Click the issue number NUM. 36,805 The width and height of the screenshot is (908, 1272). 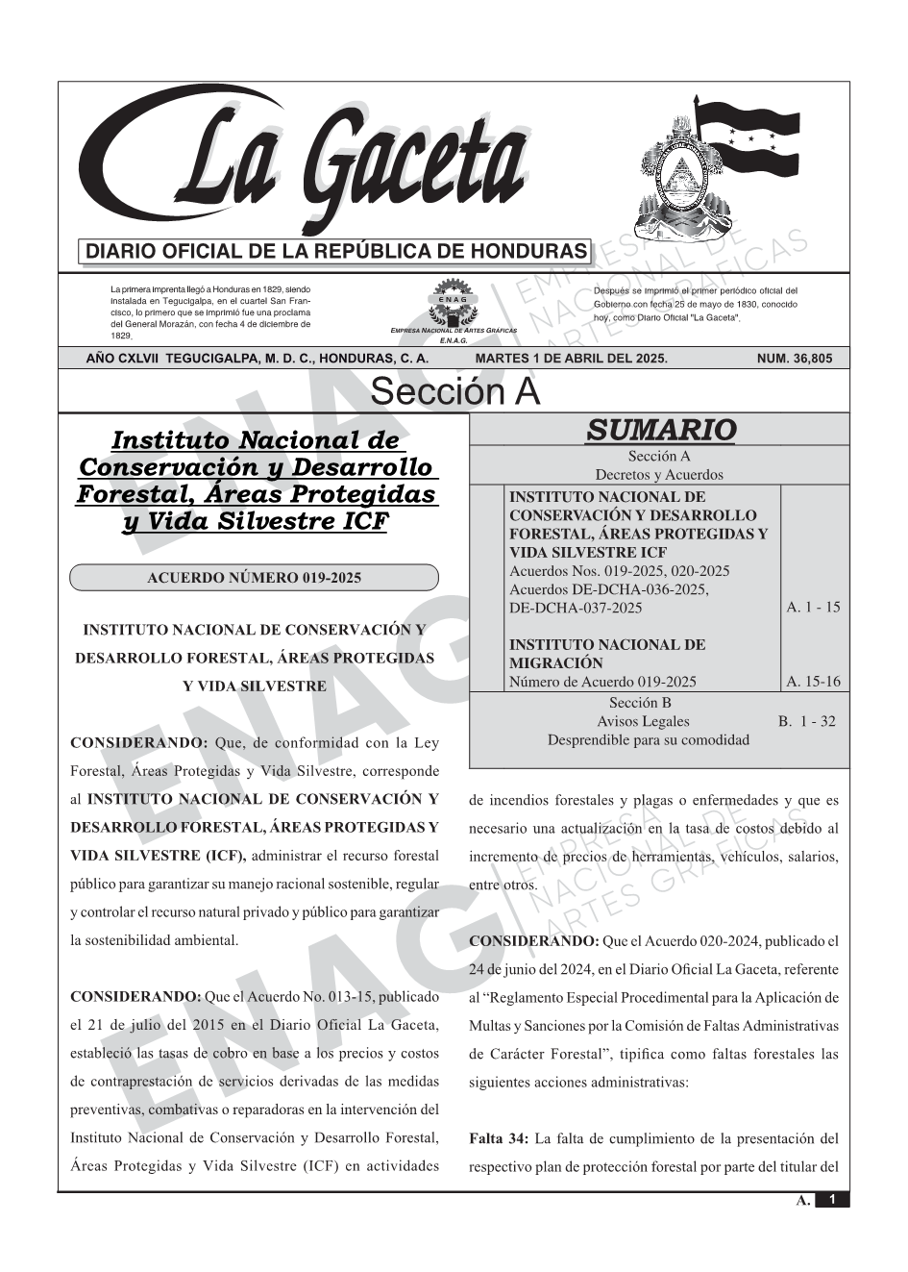[795, 359]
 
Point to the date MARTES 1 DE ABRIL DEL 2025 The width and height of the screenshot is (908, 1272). [571, 359]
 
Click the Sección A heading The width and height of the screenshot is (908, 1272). [454, 392]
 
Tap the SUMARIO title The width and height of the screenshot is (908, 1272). [660, 430]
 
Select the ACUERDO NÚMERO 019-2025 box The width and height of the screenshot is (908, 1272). [254, 578]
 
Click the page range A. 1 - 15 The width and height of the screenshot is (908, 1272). [812, 608]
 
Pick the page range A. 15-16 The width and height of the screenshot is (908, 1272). [812, 682]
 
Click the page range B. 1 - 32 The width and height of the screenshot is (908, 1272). [806, 721]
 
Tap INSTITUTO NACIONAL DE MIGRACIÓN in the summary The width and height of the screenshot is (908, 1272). [606, 654]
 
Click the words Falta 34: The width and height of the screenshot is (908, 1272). [498, 1139]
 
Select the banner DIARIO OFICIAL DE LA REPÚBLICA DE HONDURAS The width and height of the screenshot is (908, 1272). [336, 252]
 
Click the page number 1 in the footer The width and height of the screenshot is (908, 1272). [832, 1200]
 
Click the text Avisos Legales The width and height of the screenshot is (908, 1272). [643, 721]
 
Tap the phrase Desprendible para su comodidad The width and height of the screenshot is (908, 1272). [648, 740]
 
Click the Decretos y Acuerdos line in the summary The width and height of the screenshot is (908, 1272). [658, 475]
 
